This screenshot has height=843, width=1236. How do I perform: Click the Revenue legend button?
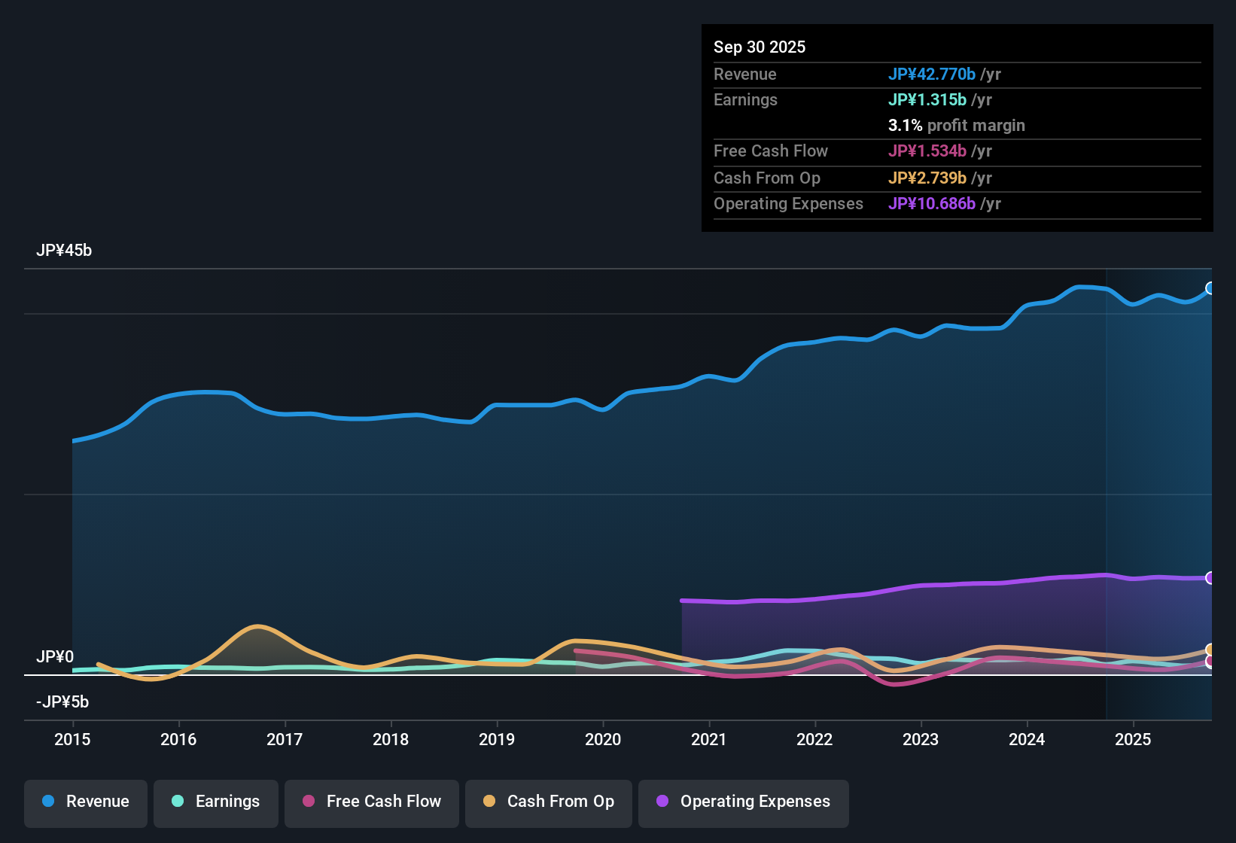pyautogui.click(x=86, y=802)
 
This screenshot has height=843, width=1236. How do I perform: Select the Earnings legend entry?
pyautogui.click(x=216, y=802)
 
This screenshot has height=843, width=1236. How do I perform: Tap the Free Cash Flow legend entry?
pyautogui.click(x=372, y=802)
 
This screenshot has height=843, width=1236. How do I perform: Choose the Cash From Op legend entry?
pyautogui.click(x=549, y=802)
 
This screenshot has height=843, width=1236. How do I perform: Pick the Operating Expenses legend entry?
pyautogui.click(x=744, y=802)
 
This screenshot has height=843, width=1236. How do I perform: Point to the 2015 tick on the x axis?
pyautogui.click(x=72, y=739)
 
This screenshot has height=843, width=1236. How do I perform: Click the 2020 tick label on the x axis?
pyautogui.click(x=603, y=739)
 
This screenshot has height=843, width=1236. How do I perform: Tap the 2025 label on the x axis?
pyautogui.click(x=1133, y=739)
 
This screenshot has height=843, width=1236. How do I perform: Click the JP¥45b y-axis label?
pyautogui.click(x=64, y=251)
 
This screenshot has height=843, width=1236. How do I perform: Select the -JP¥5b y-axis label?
pyautogui.click(x=62, y=702)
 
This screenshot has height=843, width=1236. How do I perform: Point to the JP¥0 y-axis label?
pyautogui.click(x=55, y=657)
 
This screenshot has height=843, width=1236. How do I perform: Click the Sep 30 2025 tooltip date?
pyautogui.click(x=760, y=47)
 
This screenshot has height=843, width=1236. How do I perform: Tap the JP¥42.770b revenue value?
pyautogui.click(x=932, y=74)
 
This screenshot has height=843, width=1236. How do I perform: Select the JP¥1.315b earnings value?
pyautogui.click(x=927, y=99)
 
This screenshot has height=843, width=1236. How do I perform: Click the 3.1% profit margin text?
pyautogui.click(x=957, y=126)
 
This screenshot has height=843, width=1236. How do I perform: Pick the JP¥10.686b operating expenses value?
pyautogui.click(x=932, y=204)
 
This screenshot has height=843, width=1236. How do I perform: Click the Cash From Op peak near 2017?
pyautogui.click(x=258, y=626)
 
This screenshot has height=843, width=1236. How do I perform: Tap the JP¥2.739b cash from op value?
pyautogui.click(x=927, y=178)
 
